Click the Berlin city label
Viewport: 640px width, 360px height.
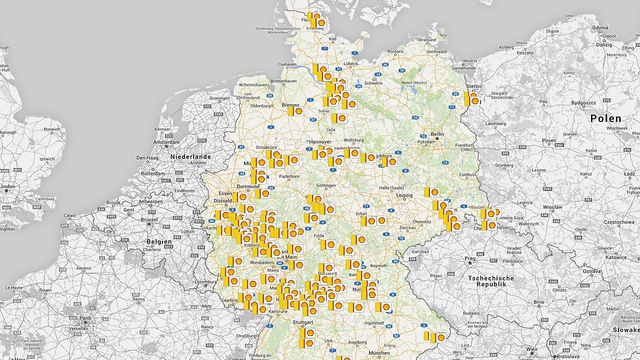click(x=437, y=134)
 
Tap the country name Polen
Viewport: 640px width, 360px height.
click(x=605, y=118)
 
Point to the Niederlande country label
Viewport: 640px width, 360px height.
click(x=190, y=156)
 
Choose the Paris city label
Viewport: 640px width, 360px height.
click(x=85, y=318)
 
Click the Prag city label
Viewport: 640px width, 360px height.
click(x=469, y=259)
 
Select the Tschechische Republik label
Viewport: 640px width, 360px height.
click(x=490, y=281)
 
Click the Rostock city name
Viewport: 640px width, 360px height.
click(x=395, y=51)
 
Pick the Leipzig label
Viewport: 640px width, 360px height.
click(x=403, y=195)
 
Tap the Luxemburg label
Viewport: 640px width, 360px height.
click(x=206, y=281)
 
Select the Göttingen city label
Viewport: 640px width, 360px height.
click(x=326, y=185)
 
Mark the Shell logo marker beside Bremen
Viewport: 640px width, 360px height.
click(x=297, y=111)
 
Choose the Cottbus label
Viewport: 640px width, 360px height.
click(x=467, y=174)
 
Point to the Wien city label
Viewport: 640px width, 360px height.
click(x=531, y=349)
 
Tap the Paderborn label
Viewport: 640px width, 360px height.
click(x=289, y=176)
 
